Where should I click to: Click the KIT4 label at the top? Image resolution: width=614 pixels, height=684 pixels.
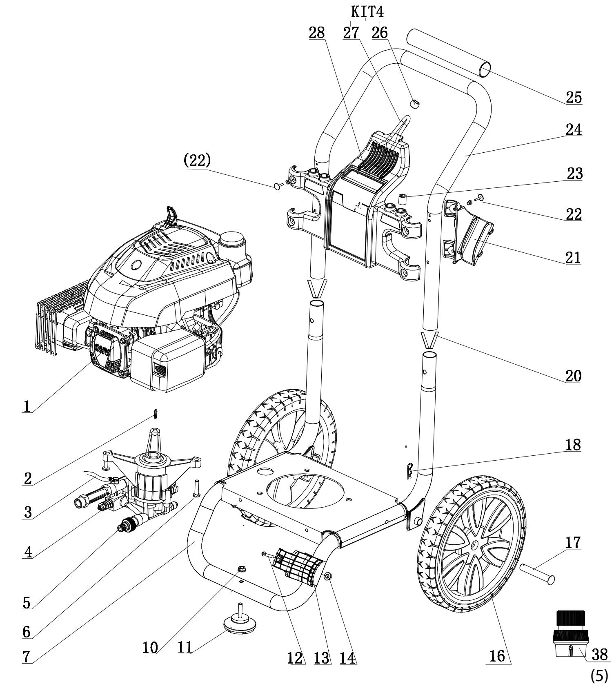(x=367, y=12)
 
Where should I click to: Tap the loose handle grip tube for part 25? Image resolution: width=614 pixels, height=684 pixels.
(x=449, y=51)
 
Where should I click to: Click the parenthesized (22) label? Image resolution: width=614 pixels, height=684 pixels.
(x=197, y=160)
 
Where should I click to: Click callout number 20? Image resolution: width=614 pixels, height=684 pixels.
(x=573, y=376)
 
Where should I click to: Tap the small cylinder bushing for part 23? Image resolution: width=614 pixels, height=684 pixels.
(x=403, y=201)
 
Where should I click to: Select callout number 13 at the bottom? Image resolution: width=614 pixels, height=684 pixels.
(x=323, y=657)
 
